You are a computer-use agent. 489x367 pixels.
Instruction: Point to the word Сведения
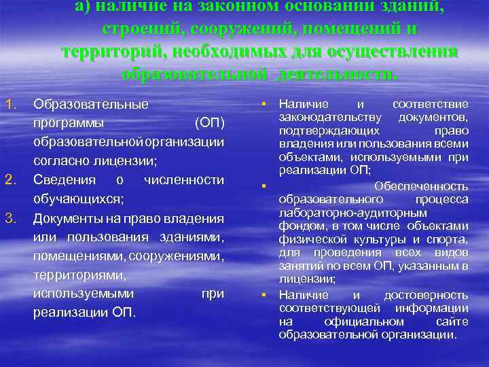(x=62, y=179)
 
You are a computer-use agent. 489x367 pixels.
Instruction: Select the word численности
(x=184, y=179)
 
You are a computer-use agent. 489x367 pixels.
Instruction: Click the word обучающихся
(x=77, y=199)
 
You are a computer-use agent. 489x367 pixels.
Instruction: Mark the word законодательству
(x=323, y=118)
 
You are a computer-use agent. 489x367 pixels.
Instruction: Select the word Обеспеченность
(x=432, y=186)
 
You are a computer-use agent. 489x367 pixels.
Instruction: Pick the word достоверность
(x=426, y=295)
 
